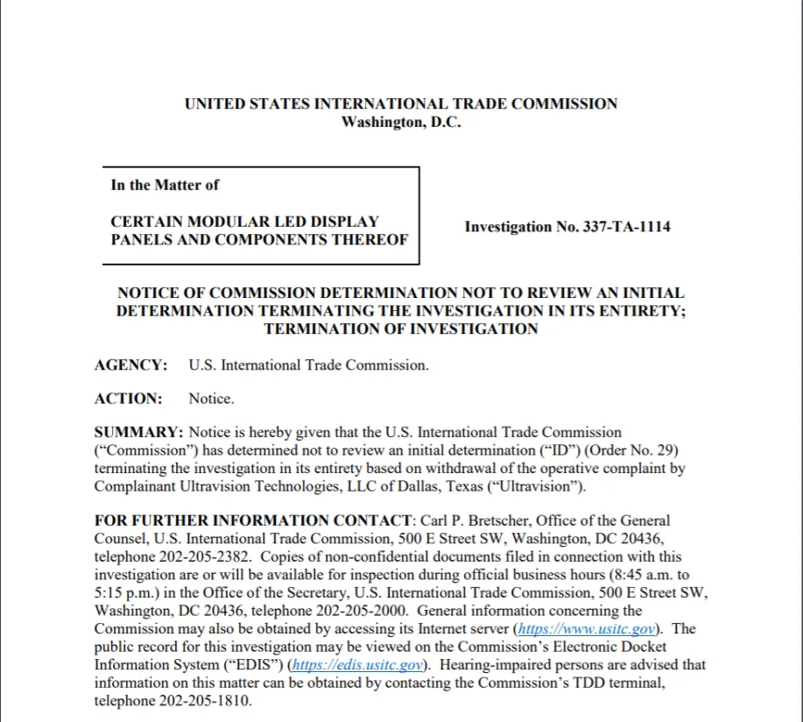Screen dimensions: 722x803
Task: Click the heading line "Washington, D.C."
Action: click(400, 123)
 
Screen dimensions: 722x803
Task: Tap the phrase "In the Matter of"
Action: click(165, 185)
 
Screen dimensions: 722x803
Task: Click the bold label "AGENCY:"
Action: click(130, 365)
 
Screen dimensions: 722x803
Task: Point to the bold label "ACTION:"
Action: click(128, 399)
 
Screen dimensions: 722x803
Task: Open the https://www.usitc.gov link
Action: click(586, 629)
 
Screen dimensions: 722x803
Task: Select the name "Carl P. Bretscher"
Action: click(464, 520)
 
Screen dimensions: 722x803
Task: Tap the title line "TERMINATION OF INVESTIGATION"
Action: click(400, 329)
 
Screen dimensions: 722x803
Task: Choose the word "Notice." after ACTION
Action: click(211, 399)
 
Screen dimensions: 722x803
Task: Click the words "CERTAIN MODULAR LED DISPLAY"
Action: click(244, 222)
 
